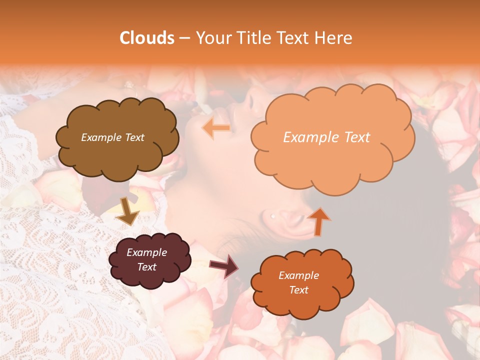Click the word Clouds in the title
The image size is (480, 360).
point(147,38)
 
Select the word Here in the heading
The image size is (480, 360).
point(334,38)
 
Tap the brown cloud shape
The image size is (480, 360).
point(117,150)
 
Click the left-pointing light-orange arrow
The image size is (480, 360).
point(216,128)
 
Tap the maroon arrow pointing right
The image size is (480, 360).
point(224,266)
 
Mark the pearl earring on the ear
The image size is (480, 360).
point(272,216)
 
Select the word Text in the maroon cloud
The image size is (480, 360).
point(146,267)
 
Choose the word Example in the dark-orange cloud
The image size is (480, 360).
point(298,275)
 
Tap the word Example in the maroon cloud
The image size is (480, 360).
point(146,252)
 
